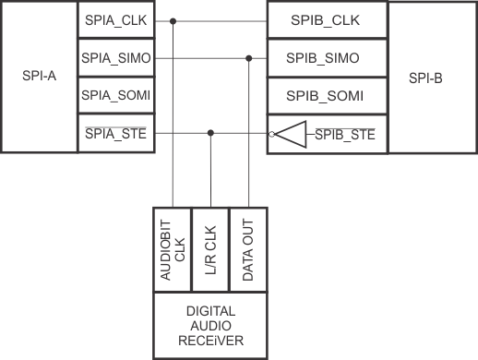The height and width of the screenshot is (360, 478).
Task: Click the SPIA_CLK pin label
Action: click(114, 20)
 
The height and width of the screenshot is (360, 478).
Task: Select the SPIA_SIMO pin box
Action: click(115, 57)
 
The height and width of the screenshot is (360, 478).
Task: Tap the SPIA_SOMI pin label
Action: click(115, 95)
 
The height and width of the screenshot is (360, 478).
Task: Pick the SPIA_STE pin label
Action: click(115, 134)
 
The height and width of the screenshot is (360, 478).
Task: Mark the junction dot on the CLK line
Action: click(173, 20)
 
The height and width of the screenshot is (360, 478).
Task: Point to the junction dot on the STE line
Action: click(211, 134)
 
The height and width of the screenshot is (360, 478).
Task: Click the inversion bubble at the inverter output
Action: click(271, 135)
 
